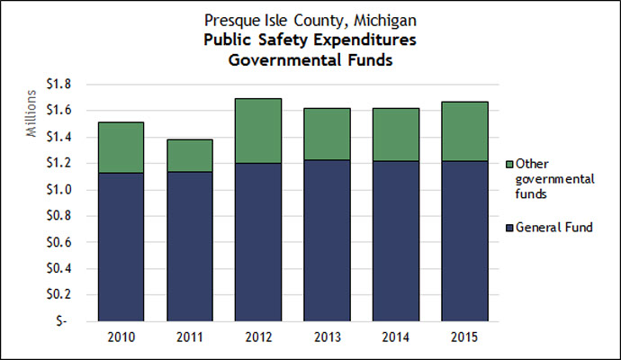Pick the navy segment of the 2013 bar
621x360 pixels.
[328, 240]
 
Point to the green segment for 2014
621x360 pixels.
[396, 135]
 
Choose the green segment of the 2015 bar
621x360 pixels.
[464, 131]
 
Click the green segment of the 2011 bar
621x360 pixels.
[189, 156]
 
